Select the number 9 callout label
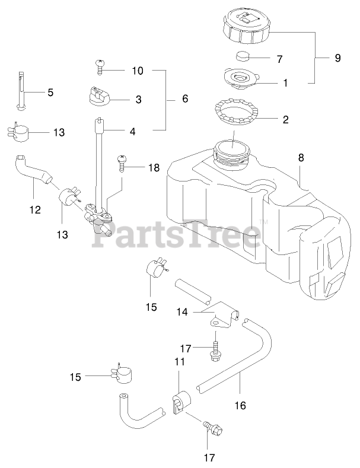click(337, 58)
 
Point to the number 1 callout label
click(285, 84)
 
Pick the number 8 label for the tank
click(301, 158)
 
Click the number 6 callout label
click(184, 99)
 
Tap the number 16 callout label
click(240, 406)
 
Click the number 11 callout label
click(180, 361)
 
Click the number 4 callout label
click(133, 131)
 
